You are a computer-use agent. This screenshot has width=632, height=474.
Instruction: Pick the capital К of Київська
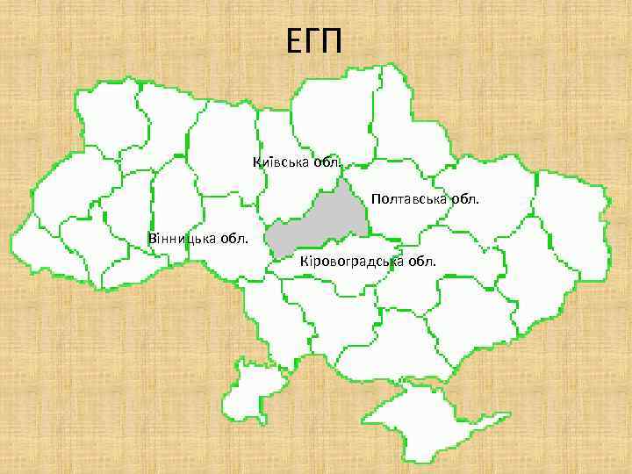click(256, 162)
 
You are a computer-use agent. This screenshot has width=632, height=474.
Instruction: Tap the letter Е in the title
click(294, 40)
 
